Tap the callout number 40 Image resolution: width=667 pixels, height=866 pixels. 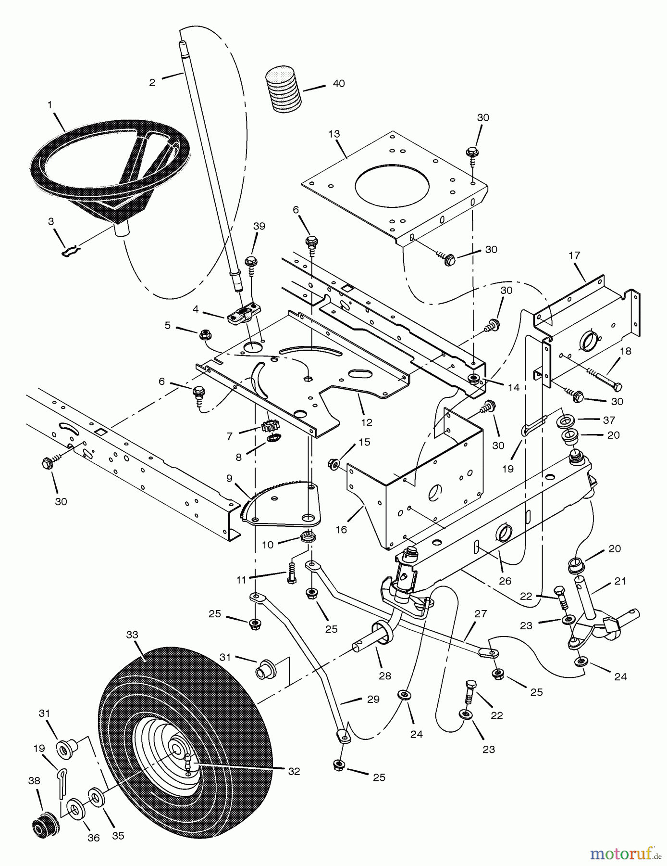click(x=339, y=84)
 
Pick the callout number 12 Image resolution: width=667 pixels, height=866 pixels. click(x=367, y=423)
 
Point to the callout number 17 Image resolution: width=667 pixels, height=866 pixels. click(x=575, y=255)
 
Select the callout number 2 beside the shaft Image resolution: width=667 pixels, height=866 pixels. click(x=152, y=82)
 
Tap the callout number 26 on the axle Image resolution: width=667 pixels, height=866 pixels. click(x=505, y=581)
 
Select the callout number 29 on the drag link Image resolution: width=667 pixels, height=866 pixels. click(x=373, y=699)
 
